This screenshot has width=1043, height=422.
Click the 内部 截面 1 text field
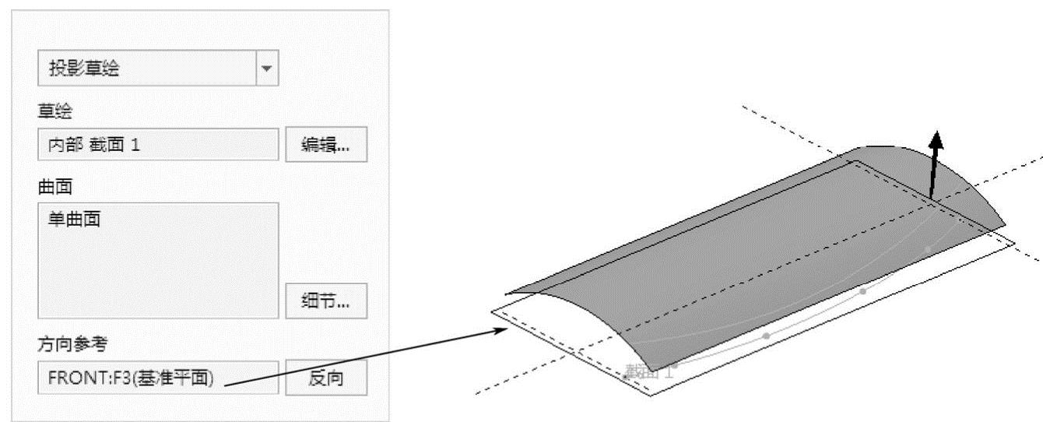(157, 145)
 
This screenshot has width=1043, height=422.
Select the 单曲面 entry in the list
(75, 220)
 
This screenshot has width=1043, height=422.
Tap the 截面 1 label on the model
(648, 372)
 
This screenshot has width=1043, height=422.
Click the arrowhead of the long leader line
(502, 329)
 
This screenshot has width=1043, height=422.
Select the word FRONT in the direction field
(68, 378)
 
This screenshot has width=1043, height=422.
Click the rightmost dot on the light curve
(927, 249)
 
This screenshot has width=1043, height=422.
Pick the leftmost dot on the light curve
(675, 364)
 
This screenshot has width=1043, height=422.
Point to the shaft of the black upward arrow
(933, 175)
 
